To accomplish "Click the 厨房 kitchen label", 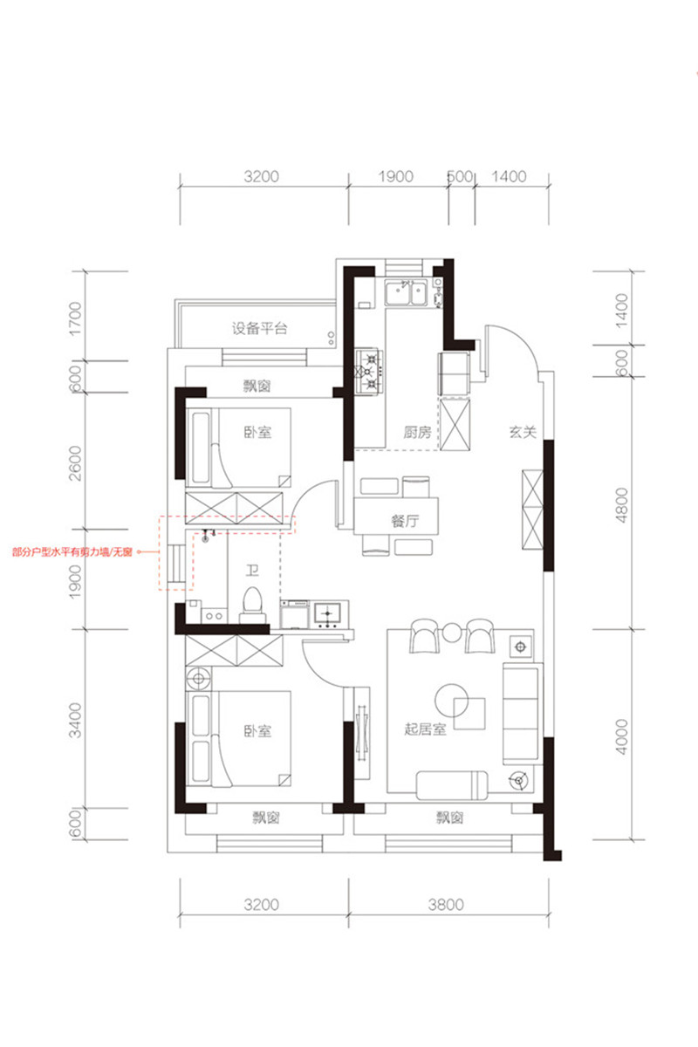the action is (417, 432).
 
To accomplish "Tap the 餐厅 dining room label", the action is (405, 521).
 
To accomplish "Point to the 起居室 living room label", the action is (425, 729).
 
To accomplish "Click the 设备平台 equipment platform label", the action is (259, 328).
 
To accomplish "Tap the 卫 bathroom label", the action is (252, 571).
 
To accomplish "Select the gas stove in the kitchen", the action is (369, 372).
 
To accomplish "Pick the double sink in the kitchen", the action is (406, 292).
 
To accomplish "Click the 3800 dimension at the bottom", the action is (446, 905).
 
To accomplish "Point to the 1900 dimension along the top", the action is (396, 176).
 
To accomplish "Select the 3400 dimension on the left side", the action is (75, 720).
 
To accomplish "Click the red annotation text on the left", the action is (72, 552).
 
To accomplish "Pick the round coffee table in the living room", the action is (452, 700).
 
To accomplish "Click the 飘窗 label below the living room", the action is (449, 818).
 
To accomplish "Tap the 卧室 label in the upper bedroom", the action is (257, 432).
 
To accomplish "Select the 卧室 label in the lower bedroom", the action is (257, 731).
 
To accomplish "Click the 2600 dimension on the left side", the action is (75, 463).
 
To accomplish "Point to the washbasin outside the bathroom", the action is (328, 614).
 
